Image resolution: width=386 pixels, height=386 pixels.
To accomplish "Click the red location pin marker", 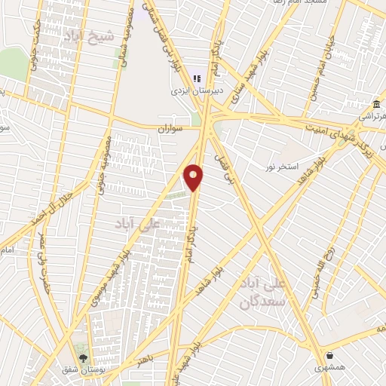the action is click(x=194, y=177).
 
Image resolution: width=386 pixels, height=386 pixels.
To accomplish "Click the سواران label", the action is click(x=170, y=130).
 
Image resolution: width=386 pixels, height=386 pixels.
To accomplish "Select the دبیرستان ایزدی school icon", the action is click(x=198, y=78).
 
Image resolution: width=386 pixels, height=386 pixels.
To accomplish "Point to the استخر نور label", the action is click(x=283, y=165).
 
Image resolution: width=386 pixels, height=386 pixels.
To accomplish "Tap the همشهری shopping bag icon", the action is click(x=329, y=354).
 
